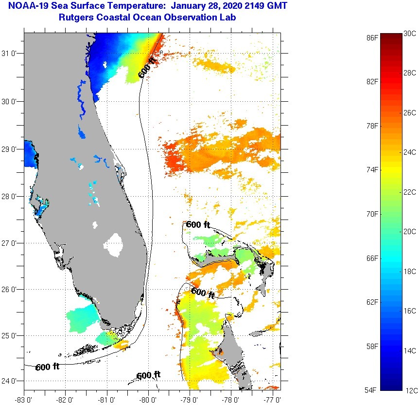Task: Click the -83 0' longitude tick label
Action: pos(24,399)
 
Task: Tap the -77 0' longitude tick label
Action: pos(272,399)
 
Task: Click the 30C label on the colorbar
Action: pos(410,33)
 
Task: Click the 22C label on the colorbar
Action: pos(410,192)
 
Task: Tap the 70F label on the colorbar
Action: pos(372,214)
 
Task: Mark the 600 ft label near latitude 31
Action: pos(147,68)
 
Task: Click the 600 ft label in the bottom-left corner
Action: pos(47,367)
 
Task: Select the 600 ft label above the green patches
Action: pos(198,224)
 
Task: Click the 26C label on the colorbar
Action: pos(410,112)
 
